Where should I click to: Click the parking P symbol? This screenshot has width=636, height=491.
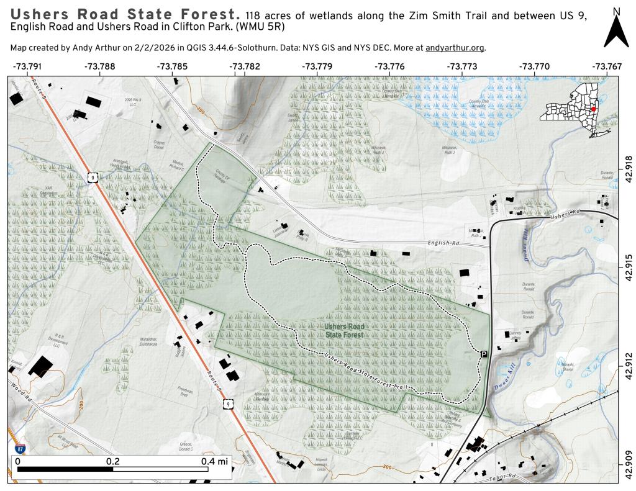484,353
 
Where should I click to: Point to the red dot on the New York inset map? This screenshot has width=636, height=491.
594,109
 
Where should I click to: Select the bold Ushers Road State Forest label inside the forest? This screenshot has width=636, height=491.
343,330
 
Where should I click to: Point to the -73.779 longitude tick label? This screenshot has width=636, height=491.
317,66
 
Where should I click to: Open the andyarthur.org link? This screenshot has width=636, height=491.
455,48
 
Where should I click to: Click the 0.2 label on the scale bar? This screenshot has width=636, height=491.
112,461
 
